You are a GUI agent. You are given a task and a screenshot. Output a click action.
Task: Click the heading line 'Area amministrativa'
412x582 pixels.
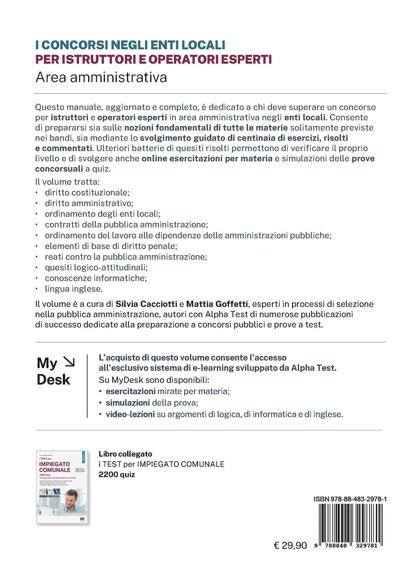(101, 77)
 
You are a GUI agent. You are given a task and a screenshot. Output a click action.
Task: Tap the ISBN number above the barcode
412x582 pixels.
(350, 499)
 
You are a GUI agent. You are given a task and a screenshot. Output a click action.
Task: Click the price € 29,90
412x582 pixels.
(290, 546)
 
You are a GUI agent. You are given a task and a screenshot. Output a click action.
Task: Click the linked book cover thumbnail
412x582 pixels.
(63, 487)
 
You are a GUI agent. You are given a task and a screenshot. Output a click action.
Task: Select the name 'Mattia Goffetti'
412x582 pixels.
(217, 304)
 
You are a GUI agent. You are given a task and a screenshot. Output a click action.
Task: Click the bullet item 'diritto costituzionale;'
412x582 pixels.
(87, 192)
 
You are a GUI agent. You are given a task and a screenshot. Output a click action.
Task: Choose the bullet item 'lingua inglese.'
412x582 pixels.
(74, 289)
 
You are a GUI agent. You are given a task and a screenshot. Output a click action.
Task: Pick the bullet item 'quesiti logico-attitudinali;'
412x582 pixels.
(96, 267)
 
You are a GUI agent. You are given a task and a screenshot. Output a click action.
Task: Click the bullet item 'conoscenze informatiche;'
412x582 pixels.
(96, 278)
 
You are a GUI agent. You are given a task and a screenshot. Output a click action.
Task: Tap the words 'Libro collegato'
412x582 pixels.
(125, 454)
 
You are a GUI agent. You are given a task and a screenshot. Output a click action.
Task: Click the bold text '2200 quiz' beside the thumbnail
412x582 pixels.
(117, 474)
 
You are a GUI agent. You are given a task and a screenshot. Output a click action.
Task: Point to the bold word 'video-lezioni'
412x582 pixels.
(130, 414)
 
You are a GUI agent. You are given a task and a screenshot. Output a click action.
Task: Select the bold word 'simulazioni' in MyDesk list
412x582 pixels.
(128, 403)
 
